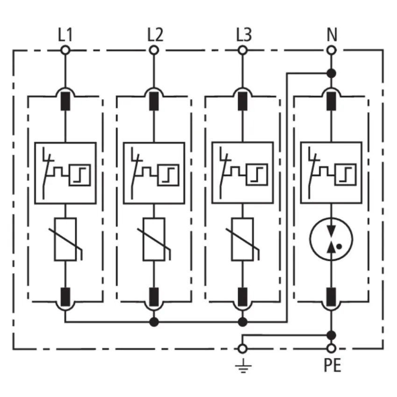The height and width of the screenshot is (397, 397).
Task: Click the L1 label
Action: click(65, 35)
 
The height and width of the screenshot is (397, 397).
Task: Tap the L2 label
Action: click(155, 35)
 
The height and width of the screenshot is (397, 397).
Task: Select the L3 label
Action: click(244, 35)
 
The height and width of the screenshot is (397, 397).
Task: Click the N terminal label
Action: click(332, 35)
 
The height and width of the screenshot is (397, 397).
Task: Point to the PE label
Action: click(333, 365)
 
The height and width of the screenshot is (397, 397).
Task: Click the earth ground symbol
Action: click(243, 366)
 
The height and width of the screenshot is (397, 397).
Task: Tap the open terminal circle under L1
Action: click(65, 50)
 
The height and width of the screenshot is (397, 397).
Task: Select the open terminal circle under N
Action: click(331, 50)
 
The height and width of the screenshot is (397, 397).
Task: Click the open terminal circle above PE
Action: click(331, 348)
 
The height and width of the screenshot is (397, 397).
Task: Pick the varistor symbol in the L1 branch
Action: click(65, 239)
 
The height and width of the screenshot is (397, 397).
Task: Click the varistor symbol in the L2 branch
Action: click(154, 239)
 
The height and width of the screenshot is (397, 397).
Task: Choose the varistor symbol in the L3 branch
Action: click(242, 239)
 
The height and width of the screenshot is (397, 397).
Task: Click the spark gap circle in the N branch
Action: click(331, 239)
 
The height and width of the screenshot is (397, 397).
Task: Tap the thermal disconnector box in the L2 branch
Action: click(154, 173)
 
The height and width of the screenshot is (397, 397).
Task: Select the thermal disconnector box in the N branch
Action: click(331, 173)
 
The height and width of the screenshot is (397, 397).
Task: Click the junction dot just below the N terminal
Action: click(331, 73)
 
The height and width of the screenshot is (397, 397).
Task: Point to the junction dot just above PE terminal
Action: click(331, 335)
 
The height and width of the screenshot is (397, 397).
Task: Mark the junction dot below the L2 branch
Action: click(154, 322)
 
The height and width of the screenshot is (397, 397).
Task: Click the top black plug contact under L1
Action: click(65, 101)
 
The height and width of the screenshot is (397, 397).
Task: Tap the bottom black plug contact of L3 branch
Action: click(242, 297)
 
